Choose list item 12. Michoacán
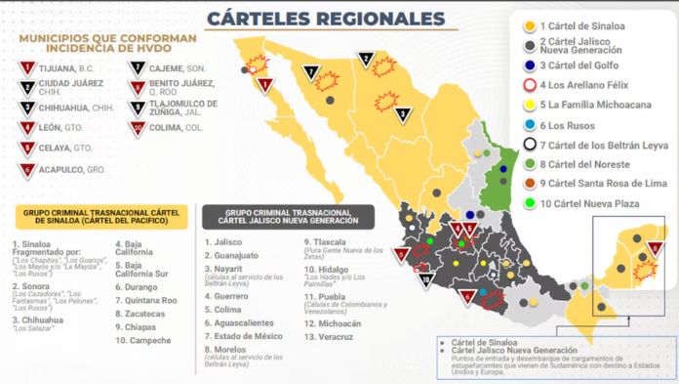pyautogui.click(x=336, y=322)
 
